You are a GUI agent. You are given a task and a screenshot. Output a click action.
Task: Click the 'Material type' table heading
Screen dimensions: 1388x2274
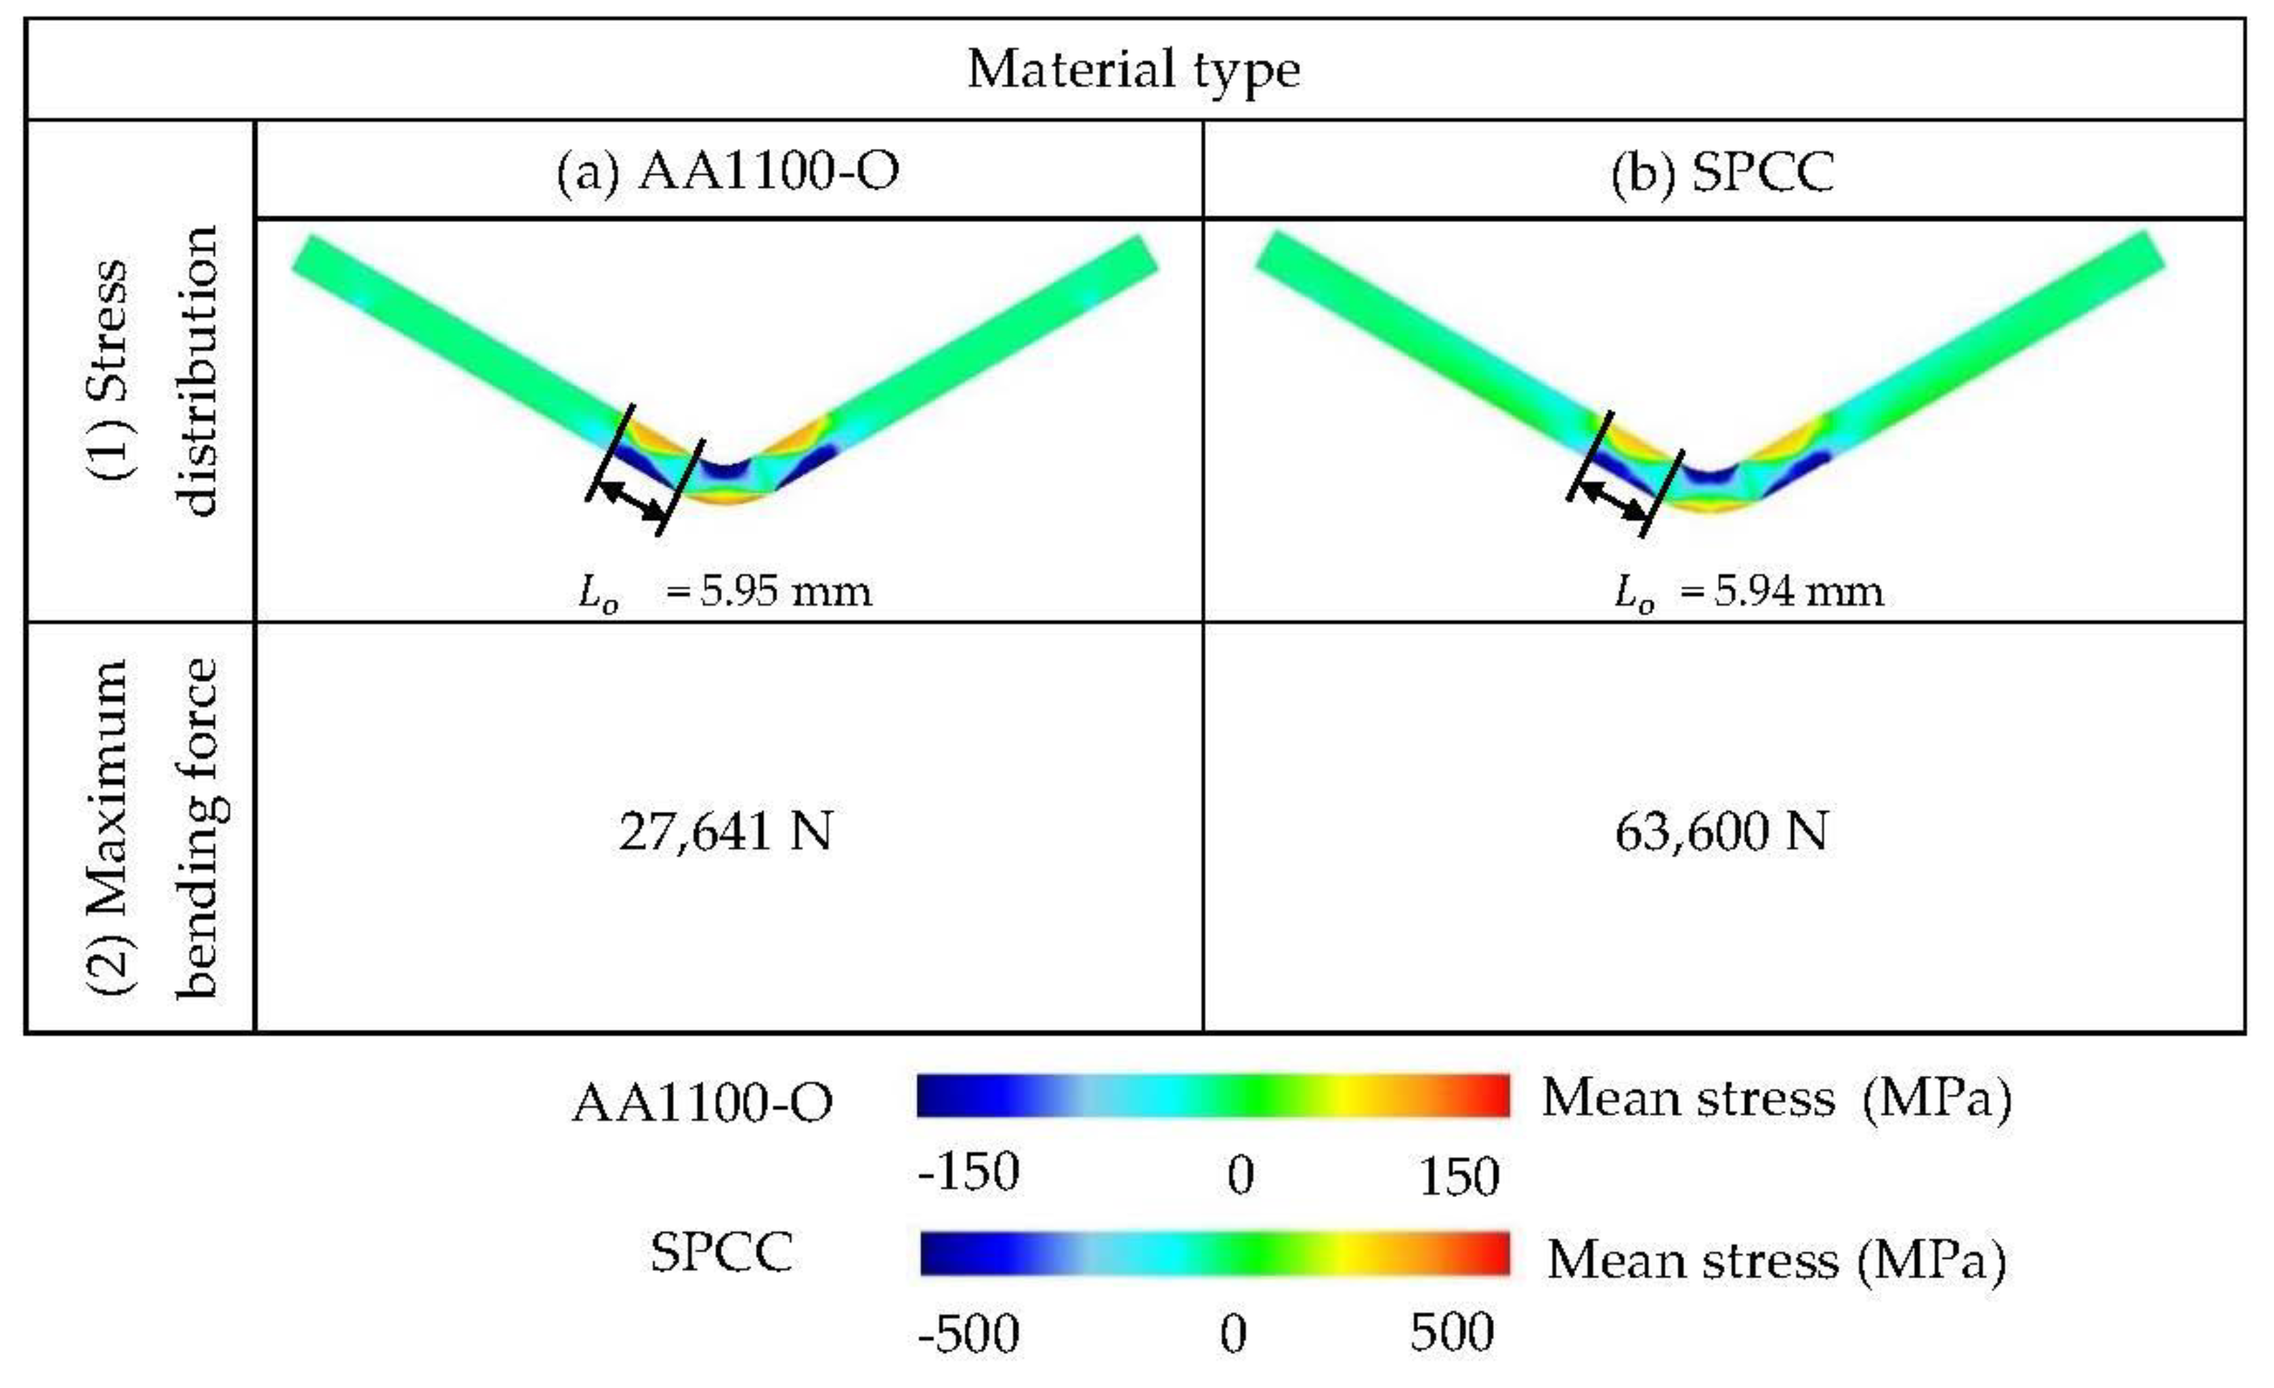click(x=1134, y=70)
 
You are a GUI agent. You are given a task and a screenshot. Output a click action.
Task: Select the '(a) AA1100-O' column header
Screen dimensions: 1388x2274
click(x=727, y=172)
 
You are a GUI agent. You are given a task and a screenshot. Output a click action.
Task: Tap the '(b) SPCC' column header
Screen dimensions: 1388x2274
click(x=1722, y=172)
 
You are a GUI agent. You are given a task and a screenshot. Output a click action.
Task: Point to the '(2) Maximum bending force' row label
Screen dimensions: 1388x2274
click(x=152, y=828)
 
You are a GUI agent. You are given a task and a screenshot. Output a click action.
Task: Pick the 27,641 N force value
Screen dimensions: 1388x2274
click(x=725, y=831)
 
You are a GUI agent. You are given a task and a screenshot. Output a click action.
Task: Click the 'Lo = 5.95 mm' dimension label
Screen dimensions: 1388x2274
click(x=725, y=592)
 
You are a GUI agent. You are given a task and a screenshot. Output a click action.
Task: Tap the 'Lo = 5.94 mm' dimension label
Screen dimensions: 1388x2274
click(x=1748, y=592)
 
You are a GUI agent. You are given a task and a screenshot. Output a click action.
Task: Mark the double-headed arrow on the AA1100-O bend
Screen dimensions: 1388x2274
click(x=632, y=501)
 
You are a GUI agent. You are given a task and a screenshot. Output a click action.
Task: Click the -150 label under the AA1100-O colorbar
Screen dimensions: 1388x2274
click(x=968, y=1172)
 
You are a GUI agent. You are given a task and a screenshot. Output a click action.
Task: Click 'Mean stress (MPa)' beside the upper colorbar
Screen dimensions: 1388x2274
click(x=1776, y=1099)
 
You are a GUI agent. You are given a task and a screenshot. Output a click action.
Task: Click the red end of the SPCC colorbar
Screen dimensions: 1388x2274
click(x=1490, y=1254)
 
